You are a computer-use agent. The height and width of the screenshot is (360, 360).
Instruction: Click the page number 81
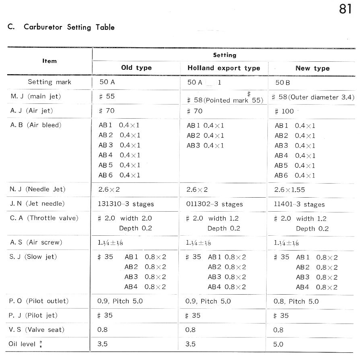345,9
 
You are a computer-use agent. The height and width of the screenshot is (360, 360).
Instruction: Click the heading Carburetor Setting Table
69,27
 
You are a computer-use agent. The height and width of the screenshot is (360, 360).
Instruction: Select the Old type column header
136,68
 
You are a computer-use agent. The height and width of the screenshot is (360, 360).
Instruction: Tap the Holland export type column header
224,68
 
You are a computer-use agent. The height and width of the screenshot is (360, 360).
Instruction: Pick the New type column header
312,68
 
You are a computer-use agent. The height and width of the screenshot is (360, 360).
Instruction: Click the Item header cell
50,61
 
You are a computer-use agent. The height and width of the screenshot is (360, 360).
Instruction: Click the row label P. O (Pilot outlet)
39,301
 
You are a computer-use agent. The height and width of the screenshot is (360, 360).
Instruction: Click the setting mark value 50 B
283,83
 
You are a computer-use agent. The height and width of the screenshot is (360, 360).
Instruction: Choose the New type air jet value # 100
284,111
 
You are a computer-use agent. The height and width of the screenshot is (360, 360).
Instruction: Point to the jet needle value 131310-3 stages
126,204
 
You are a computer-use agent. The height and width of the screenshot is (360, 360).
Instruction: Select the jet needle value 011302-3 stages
214,204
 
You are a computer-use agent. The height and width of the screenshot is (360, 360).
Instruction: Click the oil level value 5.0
278,344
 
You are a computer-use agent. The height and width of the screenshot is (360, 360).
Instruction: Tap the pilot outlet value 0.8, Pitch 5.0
296,301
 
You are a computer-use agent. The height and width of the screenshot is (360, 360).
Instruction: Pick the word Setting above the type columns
224,55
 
